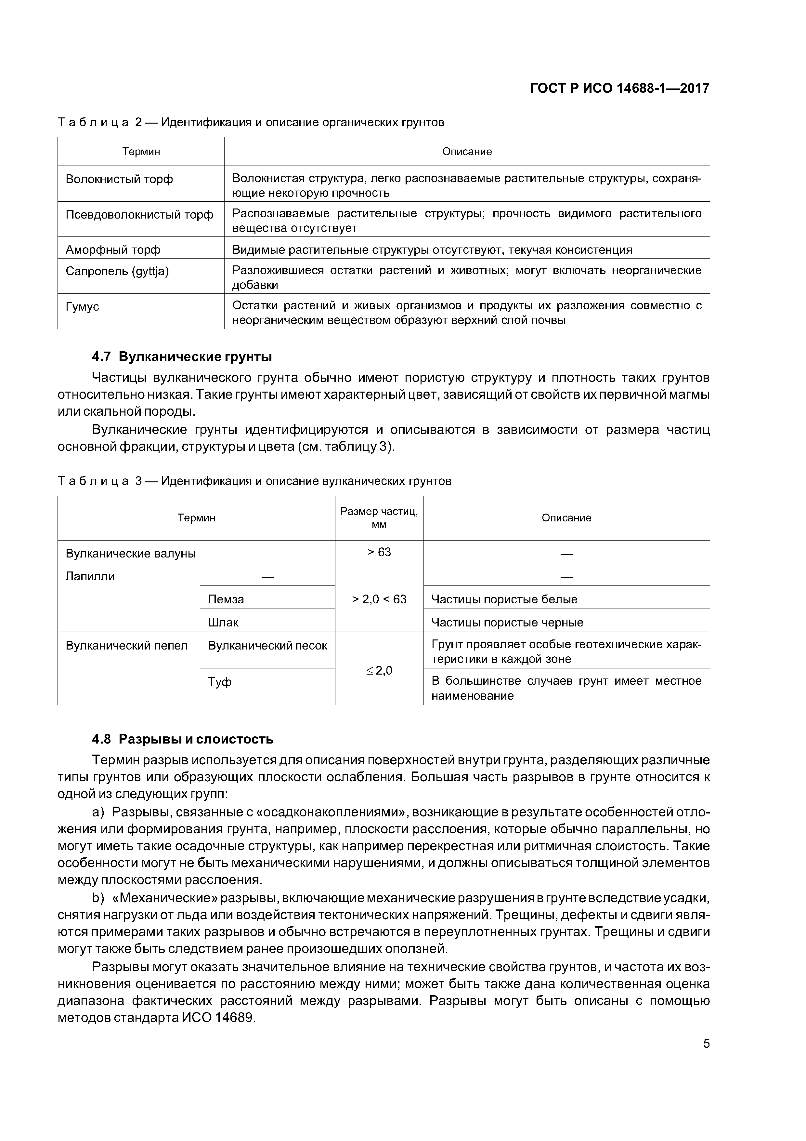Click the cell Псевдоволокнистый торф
(x=139, y=214)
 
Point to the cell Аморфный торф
(x=113, y=249)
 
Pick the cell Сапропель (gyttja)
(x=117, y=271)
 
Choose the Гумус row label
(x=83, y=307)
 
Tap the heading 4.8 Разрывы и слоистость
(x=182, y=739)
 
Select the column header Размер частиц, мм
(x=379, y=518)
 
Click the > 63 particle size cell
(x=379, y=552)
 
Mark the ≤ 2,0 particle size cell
(x=379, y=670)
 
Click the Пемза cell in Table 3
(x=226, y=599)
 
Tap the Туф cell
(x=219, y=682)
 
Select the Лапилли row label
(x=90, y=576)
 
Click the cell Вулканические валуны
(x=131, y=554)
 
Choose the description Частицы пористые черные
(x=507, y=622)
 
